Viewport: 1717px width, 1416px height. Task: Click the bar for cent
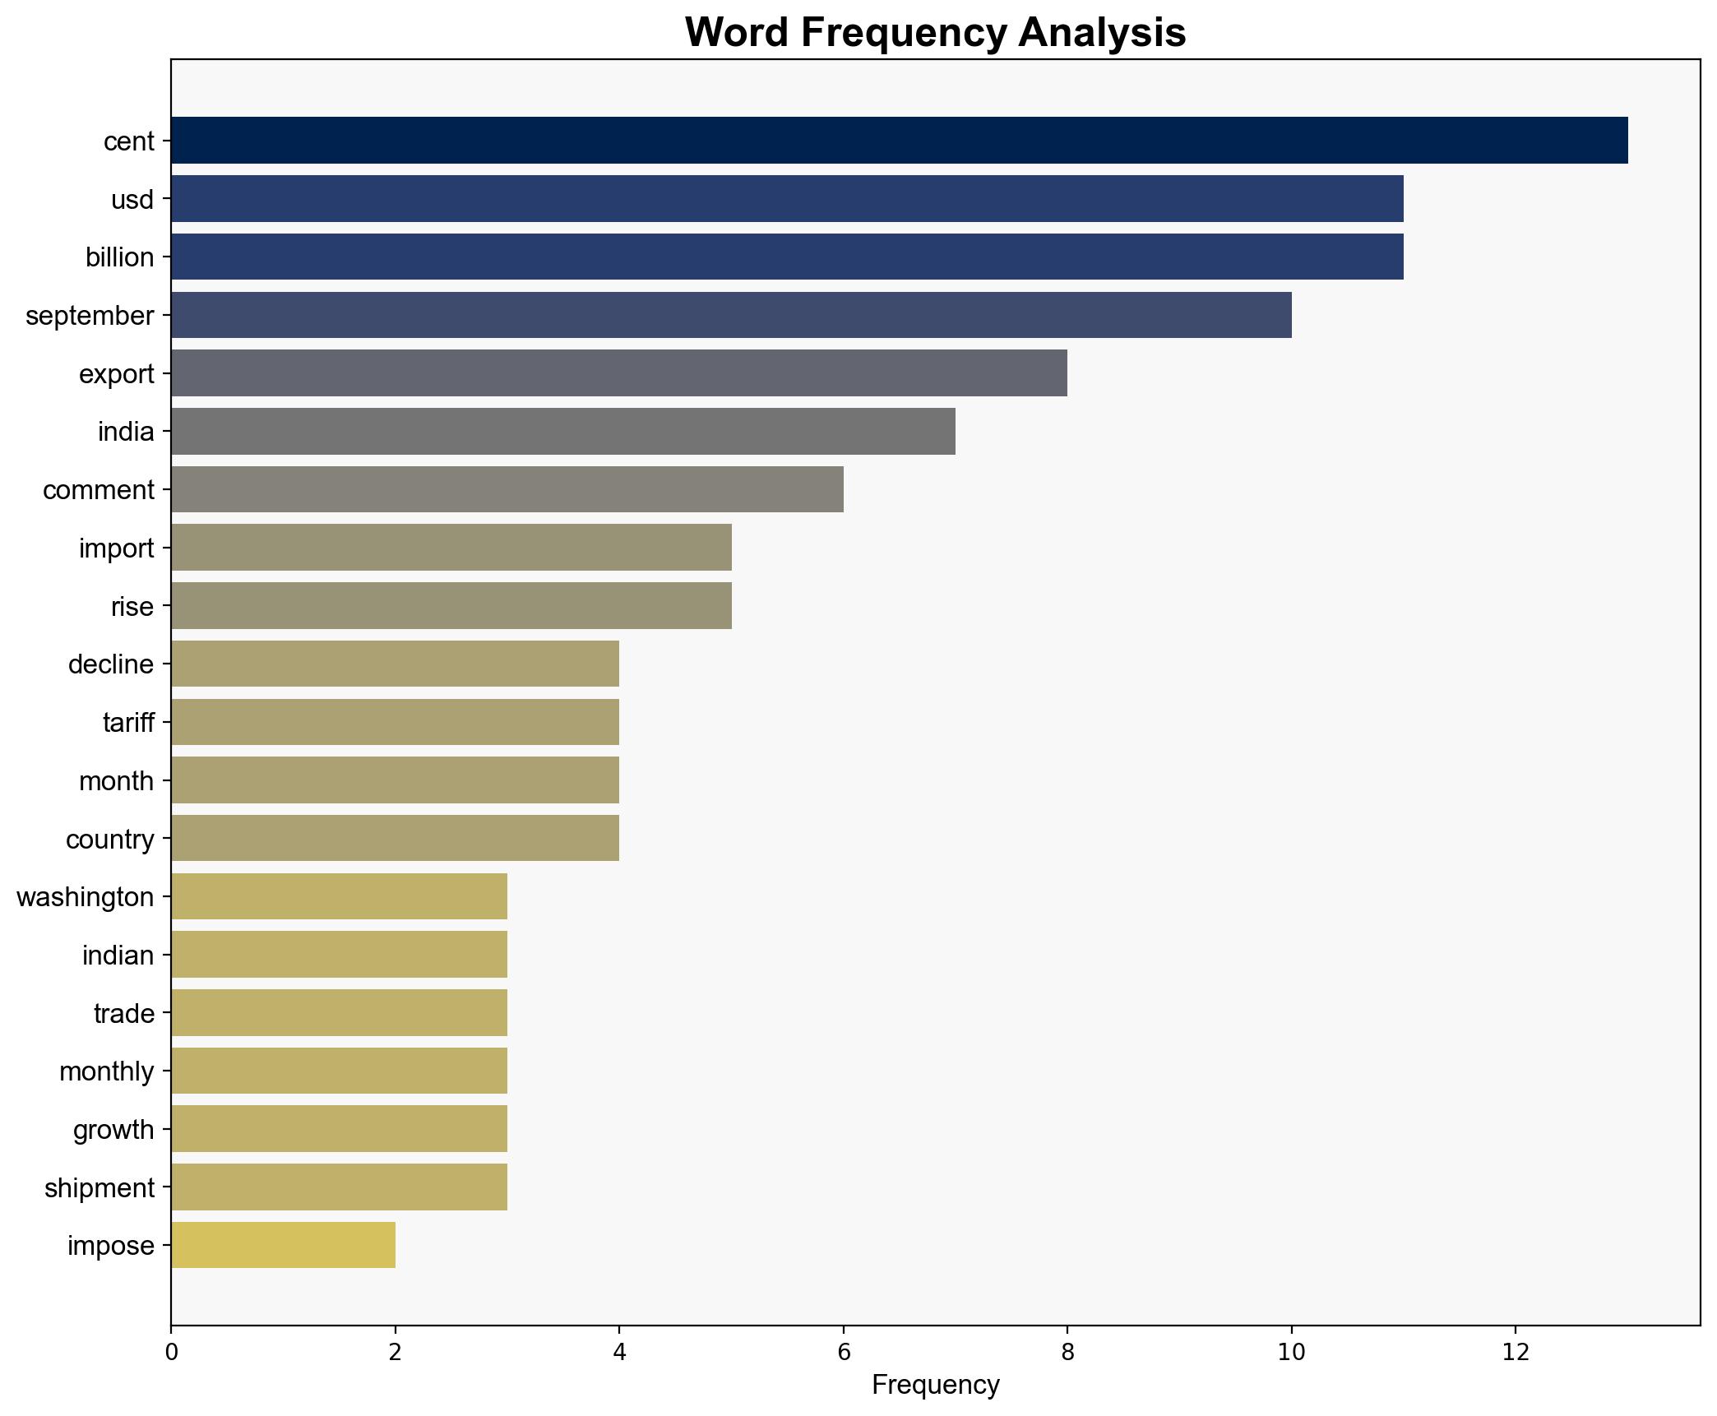pos(899,141)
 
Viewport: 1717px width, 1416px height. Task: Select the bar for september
pos(731,315)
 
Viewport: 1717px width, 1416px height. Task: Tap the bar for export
pos(618,373)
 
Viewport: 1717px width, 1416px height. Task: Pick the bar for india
pos(562,432)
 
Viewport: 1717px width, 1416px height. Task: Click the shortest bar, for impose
pos(283,1246)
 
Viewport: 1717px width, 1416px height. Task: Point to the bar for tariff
pos(395,722)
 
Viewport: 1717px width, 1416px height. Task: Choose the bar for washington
pos(339,896)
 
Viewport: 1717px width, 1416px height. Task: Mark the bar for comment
pos(507,490)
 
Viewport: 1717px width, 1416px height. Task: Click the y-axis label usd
pos(132,200)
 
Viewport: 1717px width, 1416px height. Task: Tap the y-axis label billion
pos(119,258)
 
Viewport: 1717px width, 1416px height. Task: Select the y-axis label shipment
pos(100,1188)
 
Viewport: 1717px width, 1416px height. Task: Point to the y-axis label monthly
pos(107,1072)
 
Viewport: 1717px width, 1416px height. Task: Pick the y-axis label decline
pos(111,664)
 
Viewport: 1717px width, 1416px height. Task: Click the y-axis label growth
pos(113,1131)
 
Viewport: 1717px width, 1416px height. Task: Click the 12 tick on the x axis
pos(1515,1352)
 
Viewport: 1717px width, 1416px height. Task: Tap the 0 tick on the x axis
pos(171,1352)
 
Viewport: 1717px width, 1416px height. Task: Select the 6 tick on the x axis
pos(843,1352)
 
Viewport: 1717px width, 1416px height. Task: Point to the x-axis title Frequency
pos(935,1386)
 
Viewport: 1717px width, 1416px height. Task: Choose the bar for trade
pos(339,1013)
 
